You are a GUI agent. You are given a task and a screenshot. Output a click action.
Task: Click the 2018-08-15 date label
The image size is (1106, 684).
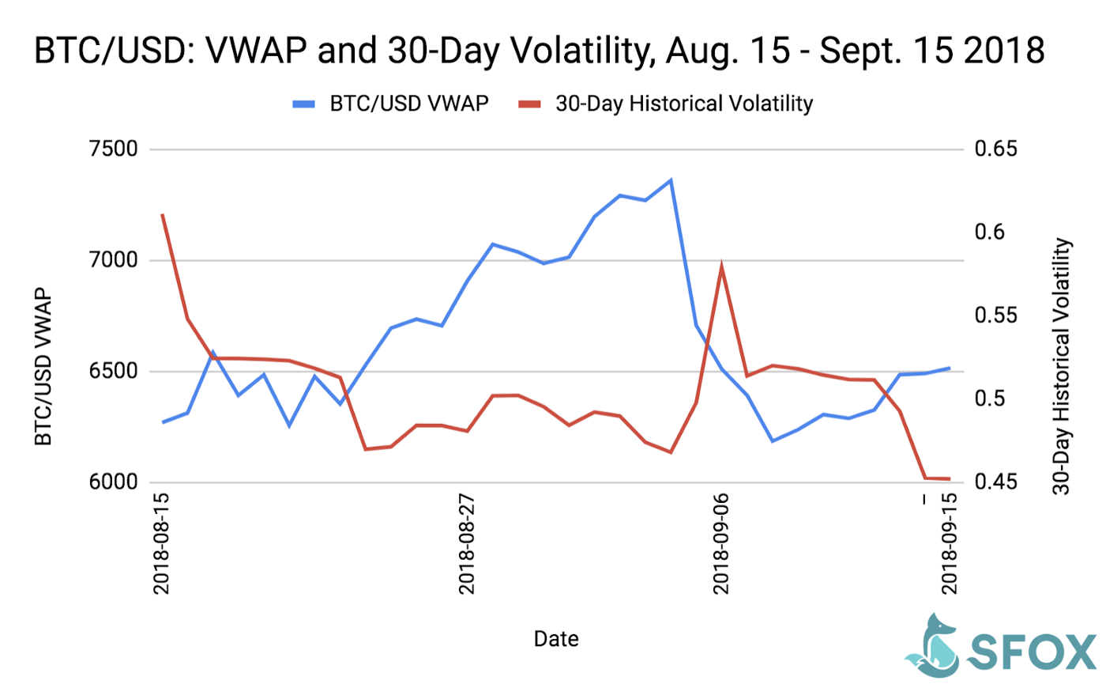point(162,546)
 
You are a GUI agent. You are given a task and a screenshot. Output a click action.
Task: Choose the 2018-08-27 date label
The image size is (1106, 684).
point(467,546)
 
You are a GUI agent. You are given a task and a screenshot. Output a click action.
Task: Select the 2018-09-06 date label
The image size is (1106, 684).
point(721,546)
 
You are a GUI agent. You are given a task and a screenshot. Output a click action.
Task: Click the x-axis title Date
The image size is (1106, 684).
point(555,638)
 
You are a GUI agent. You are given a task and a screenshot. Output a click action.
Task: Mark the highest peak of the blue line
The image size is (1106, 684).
point(671,180)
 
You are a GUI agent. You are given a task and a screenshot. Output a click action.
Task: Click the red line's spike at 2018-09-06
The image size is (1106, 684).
point(721,265)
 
